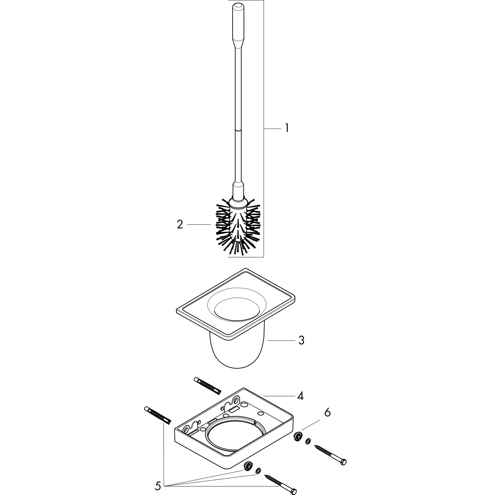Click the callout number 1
(x=287, y=128)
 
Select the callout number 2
(x=180, y=225)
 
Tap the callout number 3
(x=301, y=341)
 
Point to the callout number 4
(x=300, y=403)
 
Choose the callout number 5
(x=158, y=486)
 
